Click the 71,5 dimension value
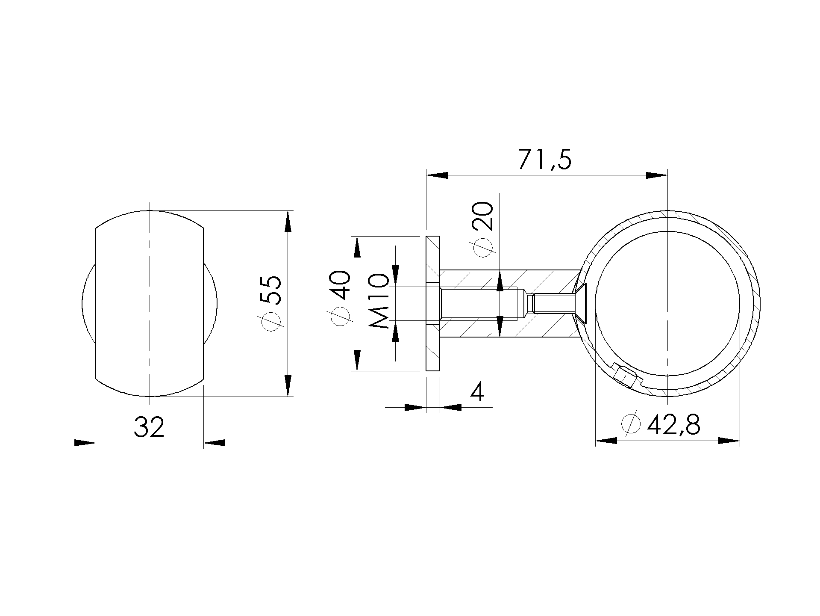pos(545,160)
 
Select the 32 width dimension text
pos(149,427)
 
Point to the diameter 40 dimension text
pos(341,298)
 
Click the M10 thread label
pos(379,301)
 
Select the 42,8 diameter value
pos(673,425)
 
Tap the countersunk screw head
pos(580,303)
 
